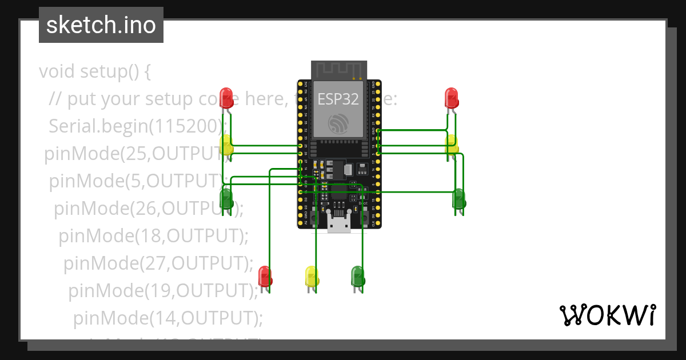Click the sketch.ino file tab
101,25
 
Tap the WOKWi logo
607,315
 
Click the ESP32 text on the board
338,99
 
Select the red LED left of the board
226,98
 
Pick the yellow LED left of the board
226,145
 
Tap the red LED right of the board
452,98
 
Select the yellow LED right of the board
452,144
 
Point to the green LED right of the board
458,199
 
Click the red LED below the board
265,276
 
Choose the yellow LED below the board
312,276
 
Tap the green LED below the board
357,276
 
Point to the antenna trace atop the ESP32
339,69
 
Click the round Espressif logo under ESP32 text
338,123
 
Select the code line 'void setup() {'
95,72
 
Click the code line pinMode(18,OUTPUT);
154,235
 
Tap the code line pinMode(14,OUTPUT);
168,317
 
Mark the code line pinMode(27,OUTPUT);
158,263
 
